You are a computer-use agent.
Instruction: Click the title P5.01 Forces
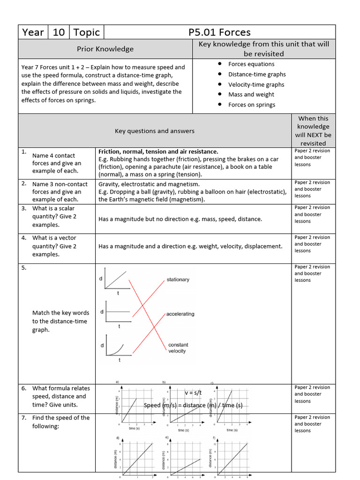coord(219,32)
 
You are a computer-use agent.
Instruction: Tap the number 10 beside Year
coord(59,32)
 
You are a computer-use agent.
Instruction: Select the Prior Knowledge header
coord(105,49)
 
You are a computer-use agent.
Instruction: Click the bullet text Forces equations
coord(251,64)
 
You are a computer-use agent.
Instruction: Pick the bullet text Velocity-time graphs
coord(256,85)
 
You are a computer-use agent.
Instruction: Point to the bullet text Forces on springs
coord(252,105)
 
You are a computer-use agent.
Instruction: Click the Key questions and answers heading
coord(155,131)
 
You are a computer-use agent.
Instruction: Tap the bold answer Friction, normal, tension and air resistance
coord(158,152)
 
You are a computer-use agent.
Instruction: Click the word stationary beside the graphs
coord(178,279)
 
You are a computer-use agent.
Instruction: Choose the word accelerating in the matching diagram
coord(180,314)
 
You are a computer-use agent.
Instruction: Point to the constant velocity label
coord(178,348)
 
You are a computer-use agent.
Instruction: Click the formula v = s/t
coord(193,393)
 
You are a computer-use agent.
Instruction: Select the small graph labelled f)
coord(230,455)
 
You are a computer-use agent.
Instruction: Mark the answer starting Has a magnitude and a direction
coord(190,247)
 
